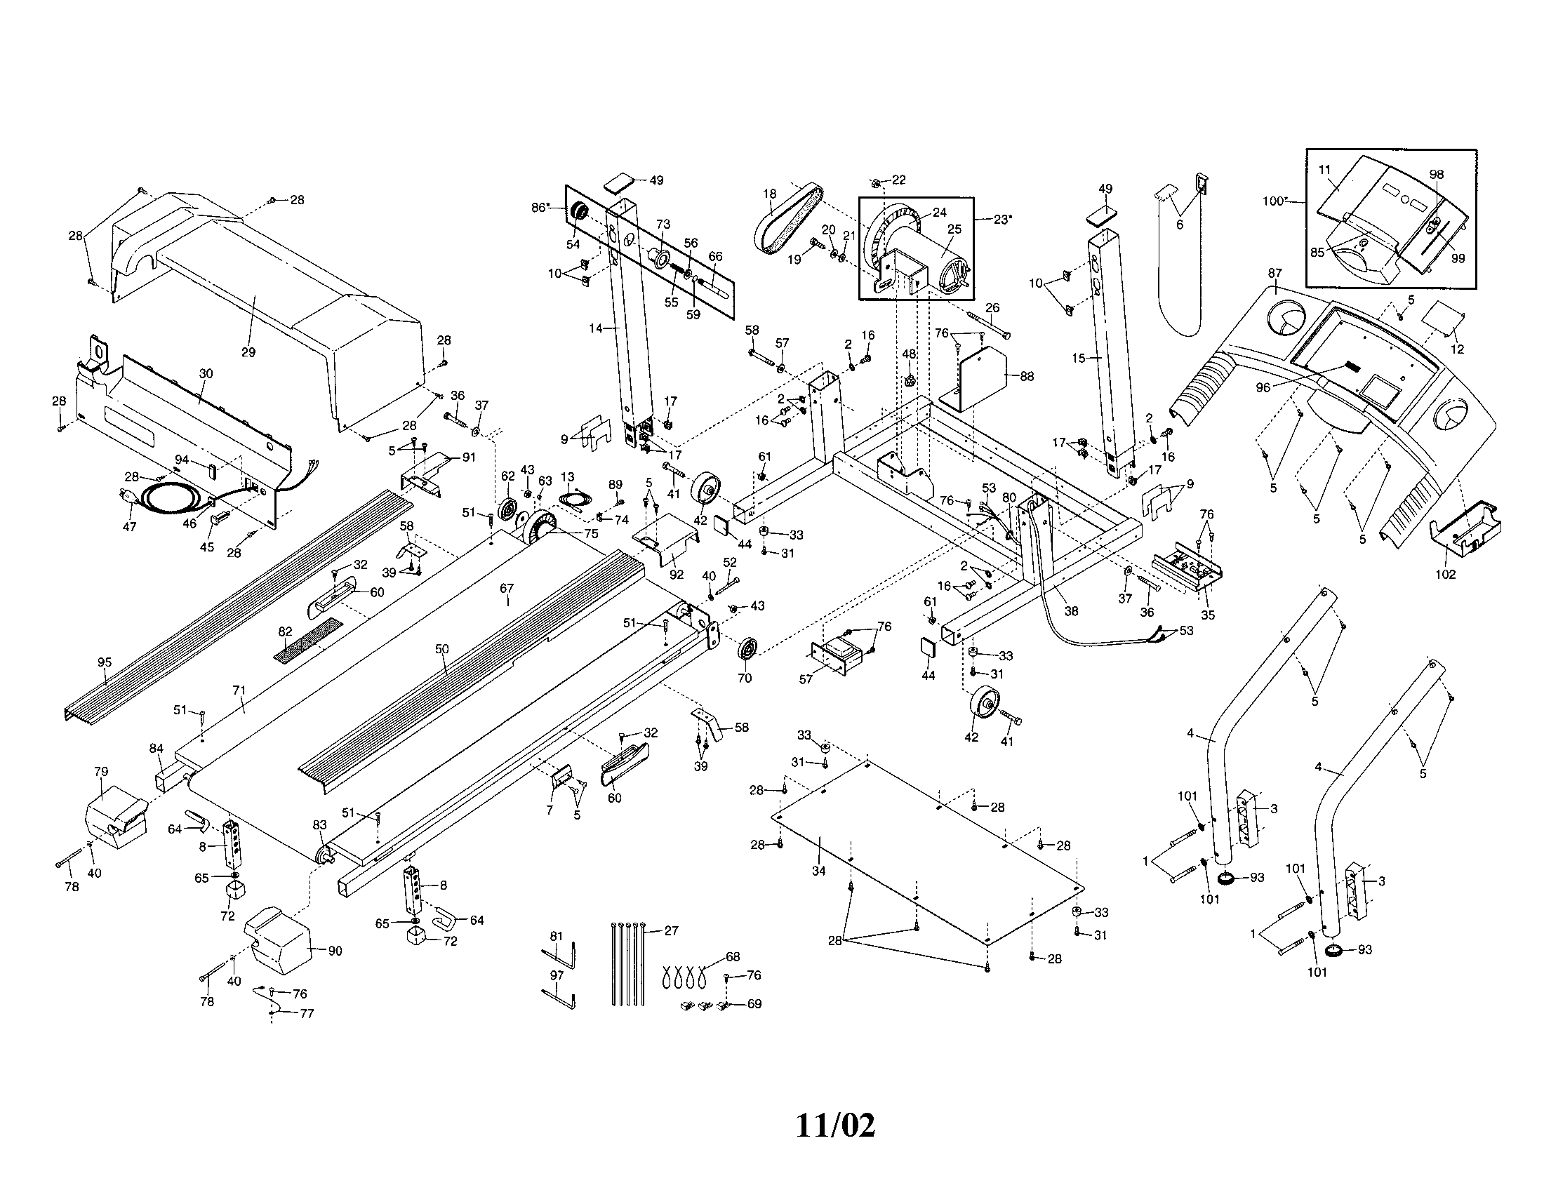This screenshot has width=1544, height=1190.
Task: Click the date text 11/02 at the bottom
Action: tap(836, 1125)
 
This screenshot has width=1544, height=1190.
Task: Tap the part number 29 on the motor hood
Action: tap(248, 352)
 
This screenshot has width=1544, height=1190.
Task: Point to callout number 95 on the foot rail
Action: tap(105, 662)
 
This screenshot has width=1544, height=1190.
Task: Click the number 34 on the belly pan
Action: tap(818, 871)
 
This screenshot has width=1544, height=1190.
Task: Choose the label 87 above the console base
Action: tap(1275, 273)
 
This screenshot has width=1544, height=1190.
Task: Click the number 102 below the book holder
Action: tap(1445, 574)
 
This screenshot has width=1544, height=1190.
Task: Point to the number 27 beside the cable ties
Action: tap(671, 930)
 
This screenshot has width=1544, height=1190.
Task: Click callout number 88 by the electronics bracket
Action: tap(1027, 377)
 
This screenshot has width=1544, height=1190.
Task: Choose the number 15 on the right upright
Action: tap(1079, 359)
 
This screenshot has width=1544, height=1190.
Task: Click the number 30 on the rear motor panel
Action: tap(206, 373)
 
